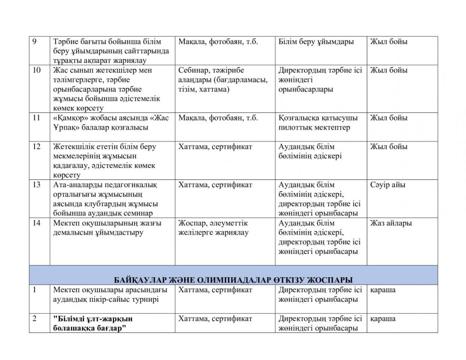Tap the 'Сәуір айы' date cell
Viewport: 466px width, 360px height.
point(388,185)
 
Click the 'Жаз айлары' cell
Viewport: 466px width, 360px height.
point(391,223)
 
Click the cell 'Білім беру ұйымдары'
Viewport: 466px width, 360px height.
point(316,41)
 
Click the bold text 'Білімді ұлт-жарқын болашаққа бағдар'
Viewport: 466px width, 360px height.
point(93,323)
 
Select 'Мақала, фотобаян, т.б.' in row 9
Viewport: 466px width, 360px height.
point(218,41)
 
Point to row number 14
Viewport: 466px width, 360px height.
point(37,223)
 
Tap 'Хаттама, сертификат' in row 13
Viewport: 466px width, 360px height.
point(215,185)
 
